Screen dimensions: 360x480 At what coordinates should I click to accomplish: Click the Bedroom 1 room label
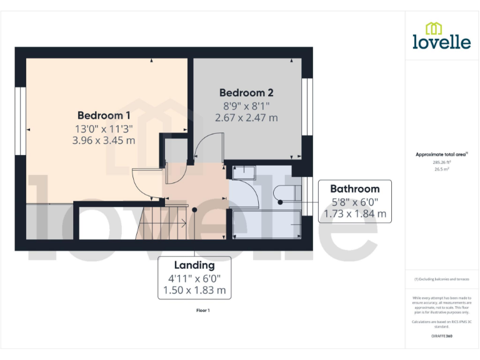click(x=104, y=116)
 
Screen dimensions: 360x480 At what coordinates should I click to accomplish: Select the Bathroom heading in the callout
click(x=354, y=189)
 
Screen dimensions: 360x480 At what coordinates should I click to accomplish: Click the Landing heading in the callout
click(x=194, y=266)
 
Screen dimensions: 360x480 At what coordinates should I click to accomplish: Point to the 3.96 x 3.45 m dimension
click(x=104, y=141)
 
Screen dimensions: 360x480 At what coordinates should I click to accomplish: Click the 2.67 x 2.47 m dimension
click(x=246, y=117)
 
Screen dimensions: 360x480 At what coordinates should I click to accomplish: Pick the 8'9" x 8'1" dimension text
click(x=246, y=106)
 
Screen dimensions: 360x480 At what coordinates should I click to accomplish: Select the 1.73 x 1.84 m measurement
click(x=354, y=214)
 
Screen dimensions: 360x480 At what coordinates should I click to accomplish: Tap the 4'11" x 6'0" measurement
click(x=194, y=278)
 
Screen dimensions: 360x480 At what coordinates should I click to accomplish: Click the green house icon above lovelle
click(x=434, y=28)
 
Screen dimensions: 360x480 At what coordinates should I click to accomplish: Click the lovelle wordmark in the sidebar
click(x=441, y=42)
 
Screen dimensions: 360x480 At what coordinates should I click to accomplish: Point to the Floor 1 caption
click(x=203, y=310)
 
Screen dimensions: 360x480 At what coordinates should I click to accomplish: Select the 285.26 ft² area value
click(x=441, y=162)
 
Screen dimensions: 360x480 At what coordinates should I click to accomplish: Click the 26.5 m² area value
click(x=441, y=167)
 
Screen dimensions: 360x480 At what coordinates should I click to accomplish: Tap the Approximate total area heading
click(x=441, y=154)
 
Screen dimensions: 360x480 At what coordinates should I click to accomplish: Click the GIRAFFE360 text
click(x=441, y=337)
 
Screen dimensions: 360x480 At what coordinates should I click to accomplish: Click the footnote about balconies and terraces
click(x=441, y=279)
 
